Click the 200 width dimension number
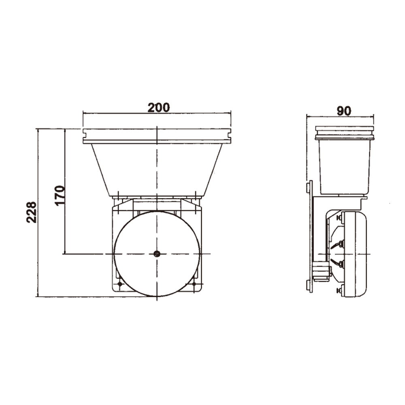158,108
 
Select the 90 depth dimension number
344,111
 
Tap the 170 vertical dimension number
60,195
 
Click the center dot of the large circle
157,254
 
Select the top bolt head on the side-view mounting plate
309,187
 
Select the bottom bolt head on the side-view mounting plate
309,286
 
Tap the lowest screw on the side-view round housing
341,290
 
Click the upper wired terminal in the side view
340,244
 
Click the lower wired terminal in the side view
340,264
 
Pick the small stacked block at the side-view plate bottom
321,271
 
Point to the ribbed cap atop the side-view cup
344,133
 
